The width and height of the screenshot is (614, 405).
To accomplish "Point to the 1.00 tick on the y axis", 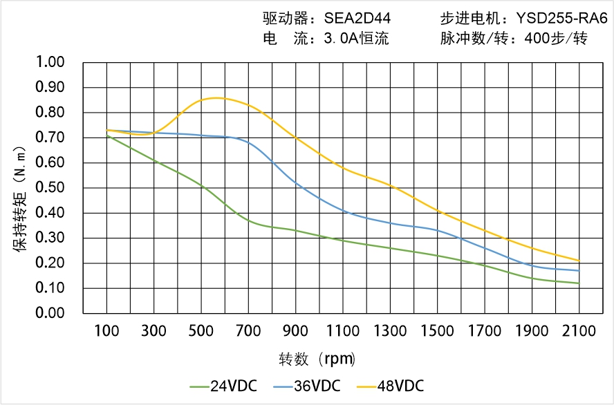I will (49, 63).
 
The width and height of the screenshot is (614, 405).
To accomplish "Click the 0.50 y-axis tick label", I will (49, 188).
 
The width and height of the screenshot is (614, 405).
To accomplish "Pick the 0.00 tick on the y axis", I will (49, 313).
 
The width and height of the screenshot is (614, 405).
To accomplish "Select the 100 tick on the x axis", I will (106, 331).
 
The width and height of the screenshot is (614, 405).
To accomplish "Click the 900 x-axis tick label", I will (296, 331).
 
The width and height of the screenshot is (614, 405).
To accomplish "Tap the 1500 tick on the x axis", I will (438, 331).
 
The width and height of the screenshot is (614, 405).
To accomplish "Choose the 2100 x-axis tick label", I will (579, 331).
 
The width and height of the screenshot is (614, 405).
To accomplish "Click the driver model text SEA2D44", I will (357, 18).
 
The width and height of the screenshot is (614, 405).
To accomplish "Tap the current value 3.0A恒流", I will (356, 39).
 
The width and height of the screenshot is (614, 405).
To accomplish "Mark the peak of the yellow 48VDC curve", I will (216, 98).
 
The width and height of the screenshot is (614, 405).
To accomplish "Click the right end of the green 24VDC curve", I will (579, 283).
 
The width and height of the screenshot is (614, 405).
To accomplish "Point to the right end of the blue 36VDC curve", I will (579, 270).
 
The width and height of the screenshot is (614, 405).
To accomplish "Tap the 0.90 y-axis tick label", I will (49, 88).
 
